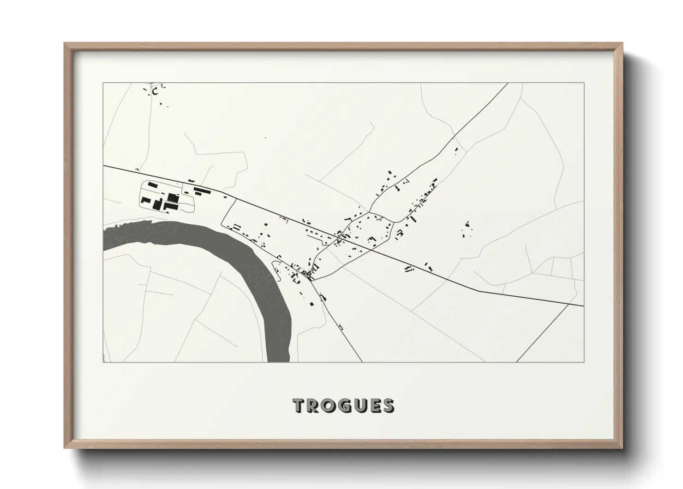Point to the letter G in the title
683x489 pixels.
[347, 406]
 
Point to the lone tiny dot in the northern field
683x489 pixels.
[265, 138]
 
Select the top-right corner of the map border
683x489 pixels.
[584, 83]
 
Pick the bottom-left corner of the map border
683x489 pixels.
[103, 362]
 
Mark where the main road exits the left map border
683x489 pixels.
[103, 165]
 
